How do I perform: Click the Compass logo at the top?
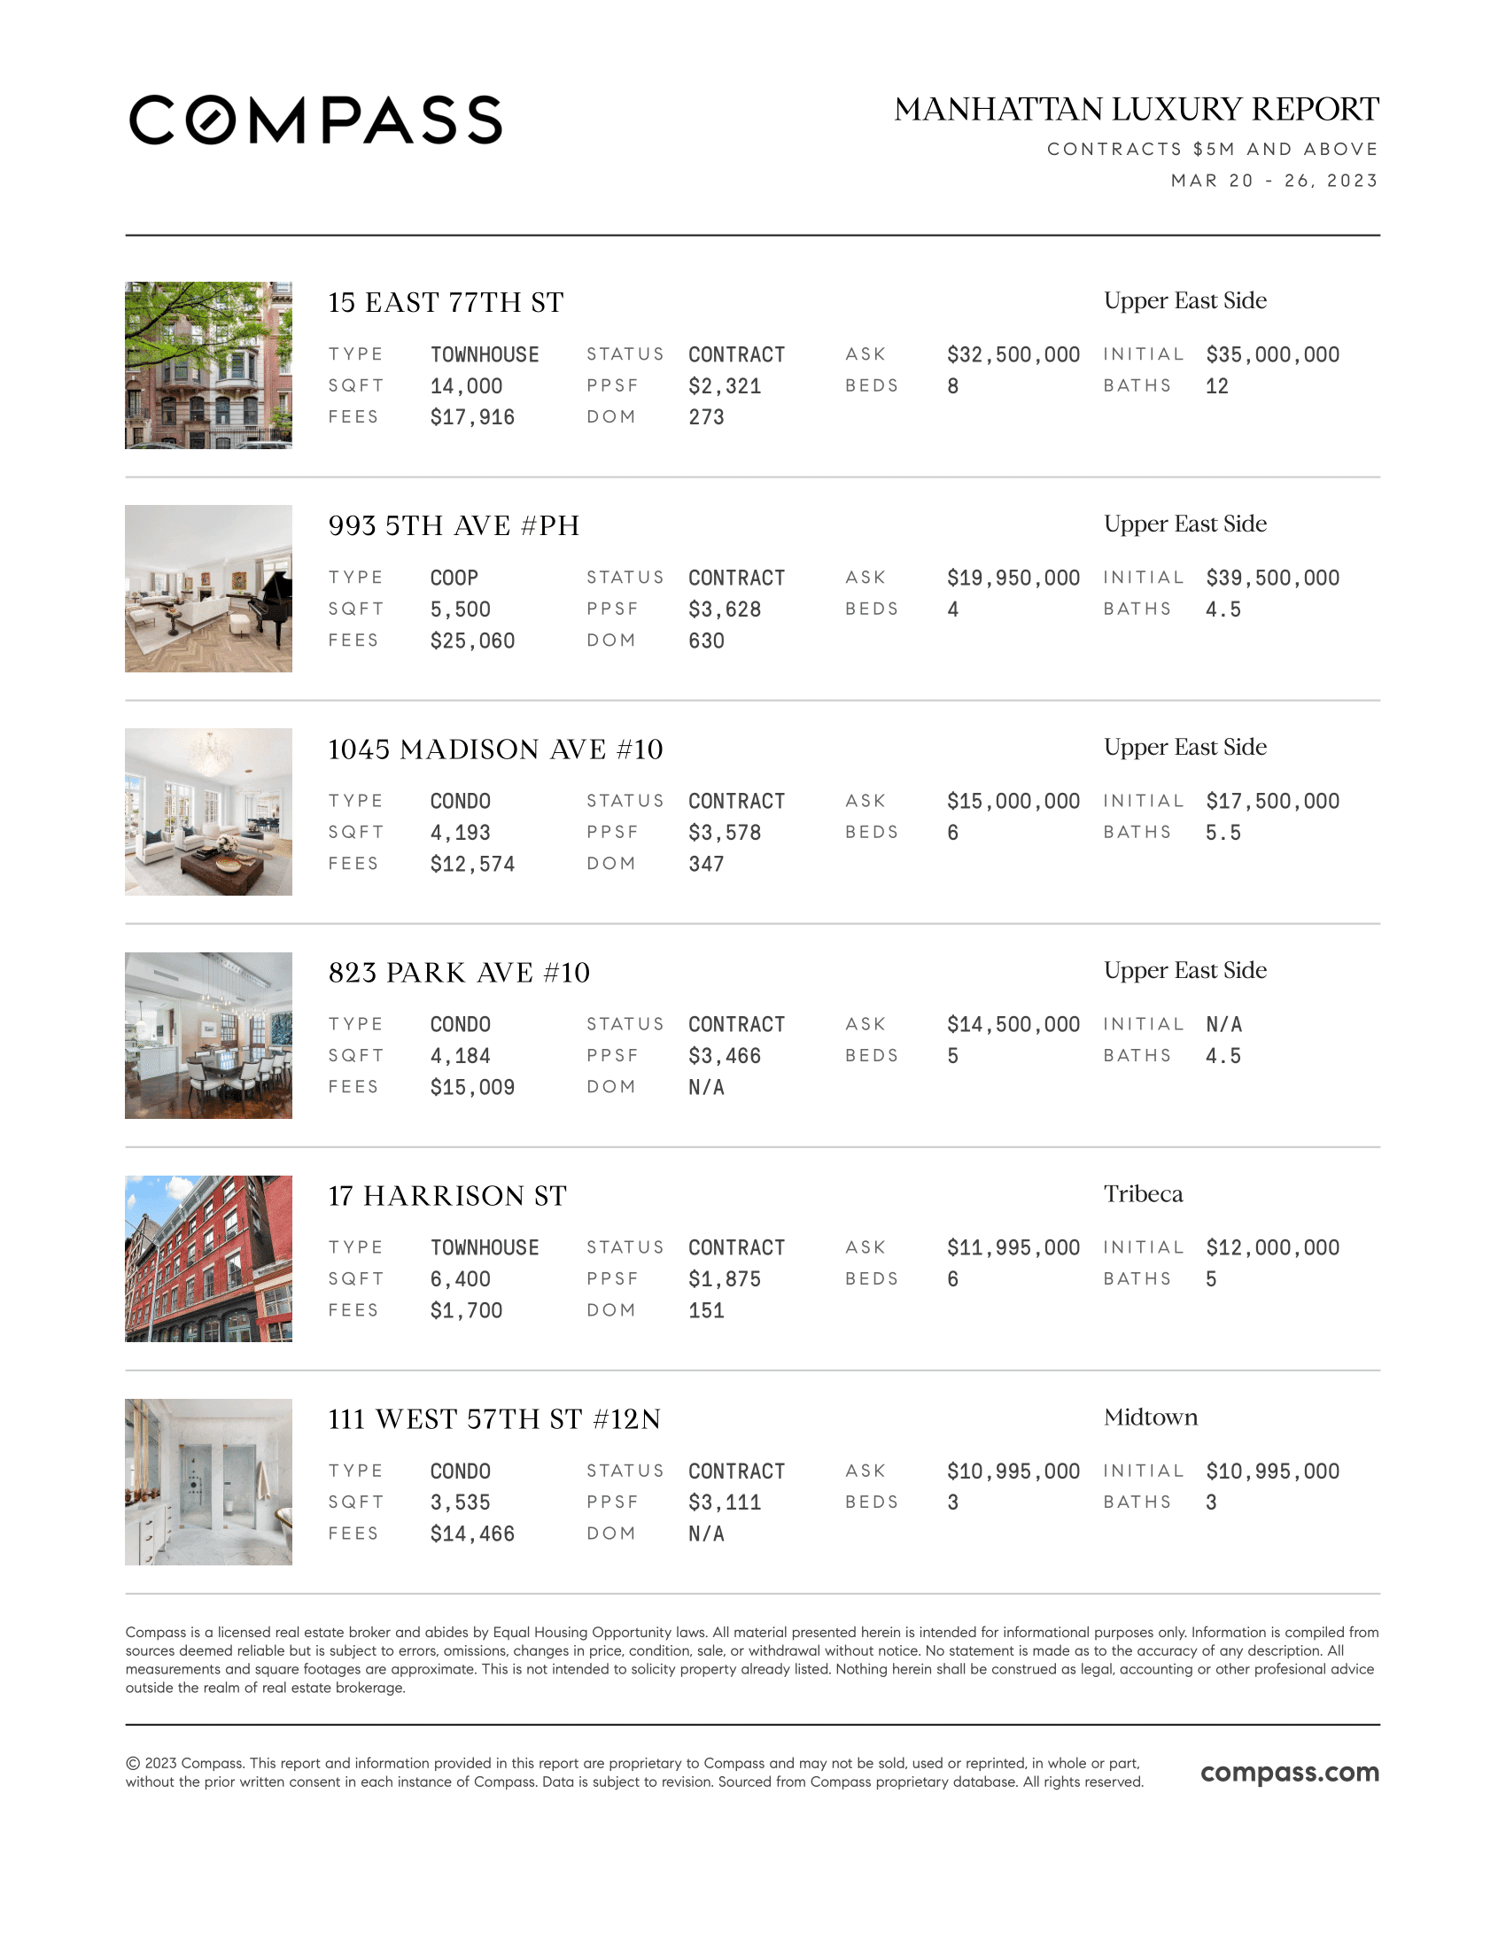point(315,120)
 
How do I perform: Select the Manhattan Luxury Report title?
point(1136,110)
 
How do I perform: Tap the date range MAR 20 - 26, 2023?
point(1274,181)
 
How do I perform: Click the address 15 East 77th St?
point(446,302)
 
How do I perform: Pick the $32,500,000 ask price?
point(1013,355)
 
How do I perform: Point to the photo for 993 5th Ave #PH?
point(209,589)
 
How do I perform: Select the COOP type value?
point(454,578)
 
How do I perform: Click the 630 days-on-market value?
point(706,641)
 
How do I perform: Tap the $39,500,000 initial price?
point(1272,578)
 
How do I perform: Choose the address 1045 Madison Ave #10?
point(495,749)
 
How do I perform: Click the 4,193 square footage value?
point(461,833)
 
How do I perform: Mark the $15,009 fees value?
point(472,1087)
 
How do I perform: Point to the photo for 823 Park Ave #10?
point(209,1035)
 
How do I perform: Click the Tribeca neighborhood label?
point(1143,1194)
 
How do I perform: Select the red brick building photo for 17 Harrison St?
point(209,1258)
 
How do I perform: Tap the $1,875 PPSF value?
point(725,1278)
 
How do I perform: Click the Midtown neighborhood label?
point(1150,1417)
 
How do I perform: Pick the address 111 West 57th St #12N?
point(494,1419)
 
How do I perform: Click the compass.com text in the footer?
point(1289,1773)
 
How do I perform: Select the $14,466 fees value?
point(472,1534)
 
